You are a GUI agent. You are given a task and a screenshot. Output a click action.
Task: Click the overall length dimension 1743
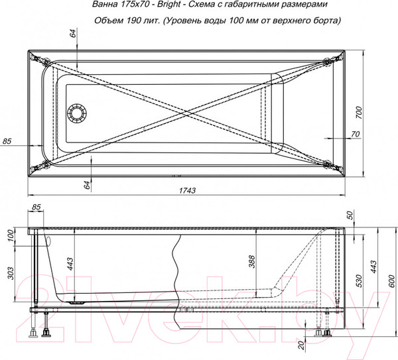[188, 191]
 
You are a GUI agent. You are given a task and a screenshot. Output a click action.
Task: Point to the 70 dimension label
[354, 135]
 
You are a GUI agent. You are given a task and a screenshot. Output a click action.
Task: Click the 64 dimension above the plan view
[72, 34]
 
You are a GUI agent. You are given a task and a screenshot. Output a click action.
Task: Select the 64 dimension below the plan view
[86, 185]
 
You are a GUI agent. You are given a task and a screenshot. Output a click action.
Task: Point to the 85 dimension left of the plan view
[8, 141]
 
